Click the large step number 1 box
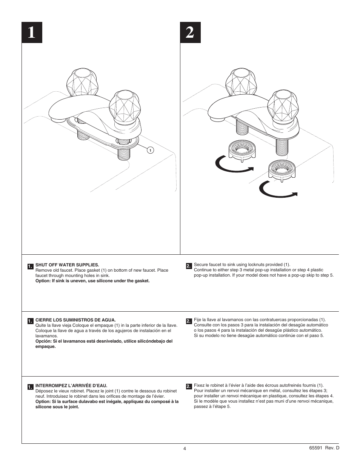tap(32, 32)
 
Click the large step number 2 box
tap(190, 32)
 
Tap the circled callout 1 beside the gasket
tap(150, 151)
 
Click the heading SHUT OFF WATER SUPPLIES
tap(67, 265)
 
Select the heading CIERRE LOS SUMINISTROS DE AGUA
tap(75, 320)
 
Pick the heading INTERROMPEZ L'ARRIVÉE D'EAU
tap(71, 386)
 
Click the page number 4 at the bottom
tap(185, 449)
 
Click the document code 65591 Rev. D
tap(324, 448)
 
